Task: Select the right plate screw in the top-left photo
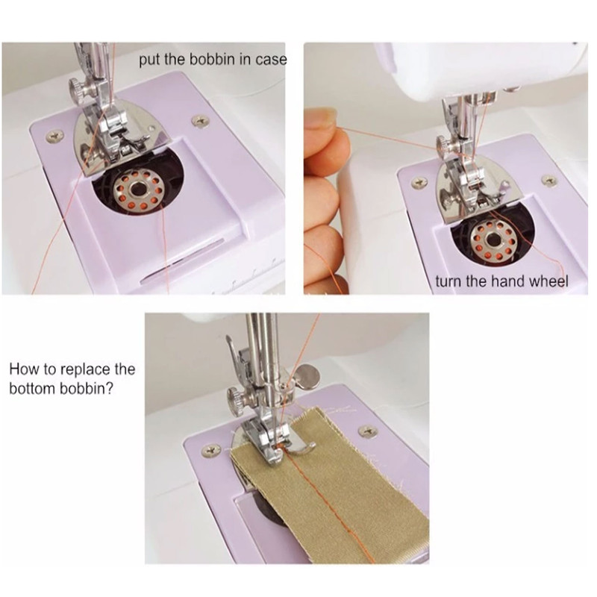click(x=200, y=122)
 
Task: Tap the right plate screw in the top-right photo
click(x=549, y=180)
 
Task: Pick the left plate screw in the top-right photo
click(x=419, y=182)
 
